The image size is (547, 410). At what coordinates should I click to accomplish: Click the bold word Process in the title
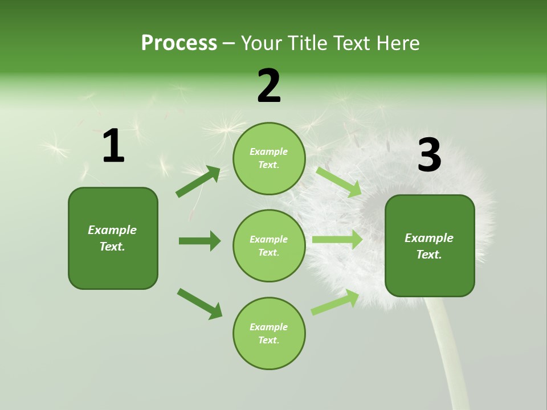tap(179, 43)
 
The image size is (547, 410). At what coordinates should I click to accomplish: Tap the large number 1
tap(113, 146)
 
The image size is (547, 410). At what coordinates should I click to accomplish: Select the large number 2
tap(269, 86)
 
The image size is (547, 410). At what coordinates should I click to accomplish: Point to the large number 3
tap(429, 155)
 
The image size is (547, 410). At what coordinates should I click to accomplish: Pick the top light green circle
tap(269, 158)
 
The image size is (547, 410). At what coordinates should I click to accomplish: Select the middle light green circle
tap(269, 246)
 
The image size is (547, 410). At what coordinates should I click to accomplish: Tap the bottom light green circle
tap(269, 334)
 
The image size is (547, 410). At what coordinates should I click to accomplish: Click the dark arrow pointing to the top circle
tap(198, 182)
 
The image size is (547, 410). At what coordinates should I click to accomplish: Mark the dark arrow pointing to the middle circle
tap(199, 241)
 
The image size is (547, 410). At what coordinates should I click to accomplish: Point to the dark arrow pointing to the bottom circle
tap(199, 304)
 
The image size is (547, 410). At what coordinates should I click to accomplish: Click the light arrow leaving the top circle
tap(338, 182)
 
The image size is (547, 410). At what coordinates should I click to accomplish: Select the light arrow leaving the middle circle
tap(337, 240)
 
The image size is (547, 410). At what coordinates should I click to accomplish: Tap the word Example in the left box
tap(112, 230)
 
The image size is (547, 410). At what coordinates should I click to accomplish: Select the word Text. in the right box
tap(429, 255)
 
